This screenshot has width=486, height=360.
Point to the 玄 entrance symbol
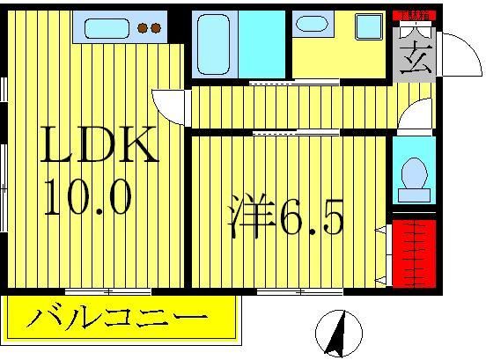coord(411,62)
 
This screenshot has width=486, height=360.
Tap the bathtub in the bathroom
coord(216,43)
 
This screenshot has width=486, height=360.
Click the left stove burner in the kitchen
coord(143,28)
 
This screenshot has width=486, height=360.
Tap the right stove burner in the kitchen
coord(156,28)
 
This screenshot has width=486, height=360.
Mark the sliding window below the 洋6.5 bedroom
coord(291,290)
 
